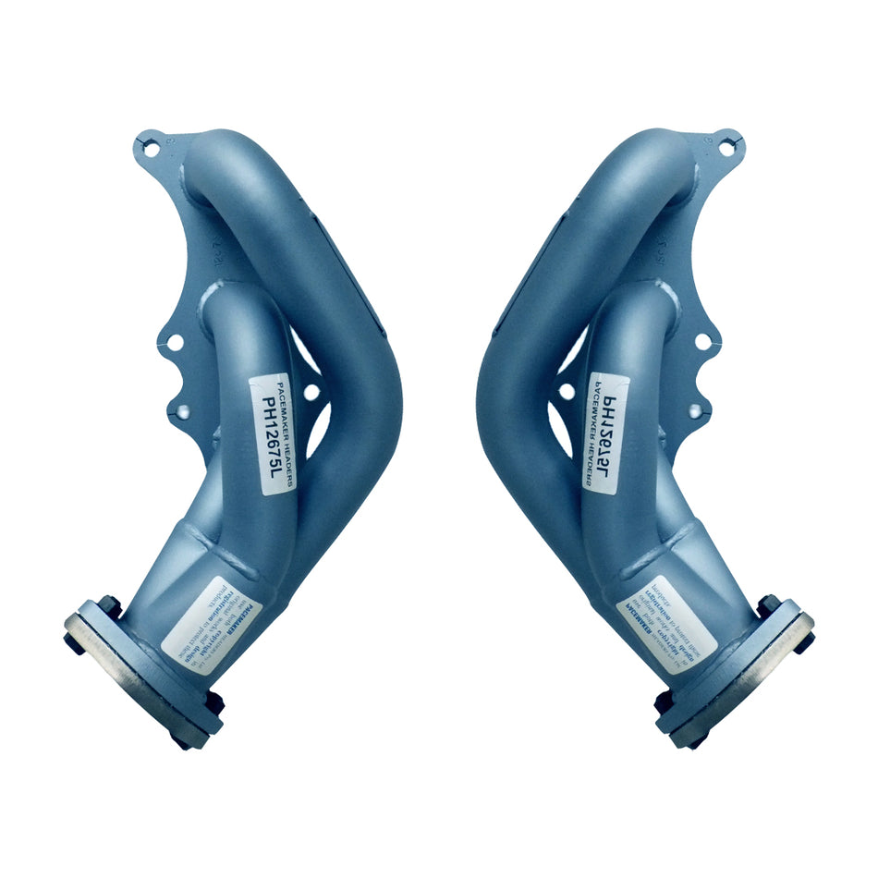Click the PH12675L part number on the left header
272,436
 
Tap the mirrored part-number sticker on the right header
606,436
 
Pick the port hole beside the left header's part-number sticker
312,392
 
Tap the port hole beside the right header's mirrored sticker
566,392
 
